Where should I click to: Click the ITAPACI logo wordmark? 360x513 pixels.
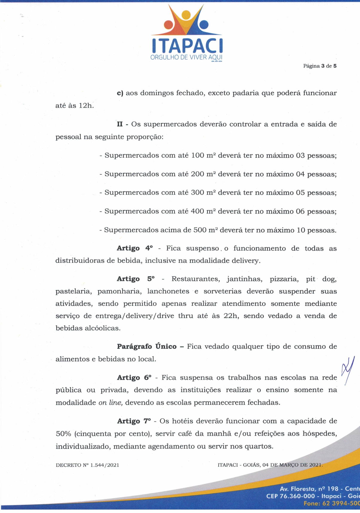coord(187,46)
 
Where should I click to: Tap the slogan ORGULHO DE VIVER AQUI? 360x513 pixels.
coord(187,57)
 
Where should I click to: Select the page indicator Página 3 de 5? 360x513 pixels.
coord(320,66)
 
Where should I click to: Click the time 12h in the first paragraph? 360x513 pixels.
coord(86,106)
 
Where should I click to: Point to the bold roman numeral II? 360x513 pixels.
coord(120,124)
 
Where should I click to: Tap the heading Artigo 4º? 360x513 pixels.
coord(135,248)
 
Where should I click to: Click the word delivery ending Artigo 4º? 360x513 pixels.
coord(245,261)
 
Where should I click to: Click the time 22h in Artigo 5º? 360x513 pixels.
coord(231,316)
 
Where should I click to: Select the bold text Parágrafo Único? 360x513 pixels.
coord(147,347)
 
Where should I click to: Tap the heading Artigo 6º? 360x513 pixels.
coord(134,378)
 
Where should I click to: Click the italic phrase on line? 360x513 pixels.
coord(111,403)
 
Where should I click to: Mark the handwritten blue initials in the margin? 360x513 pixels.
coord(348,370)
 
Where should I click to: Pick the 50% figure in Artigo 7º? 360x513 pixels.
coord(63,434)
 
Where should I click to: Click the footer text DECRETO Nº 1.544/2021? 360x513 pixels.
coord(88,465)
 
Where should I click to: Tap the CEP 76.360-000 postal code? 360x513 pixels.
coord(290,496)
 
